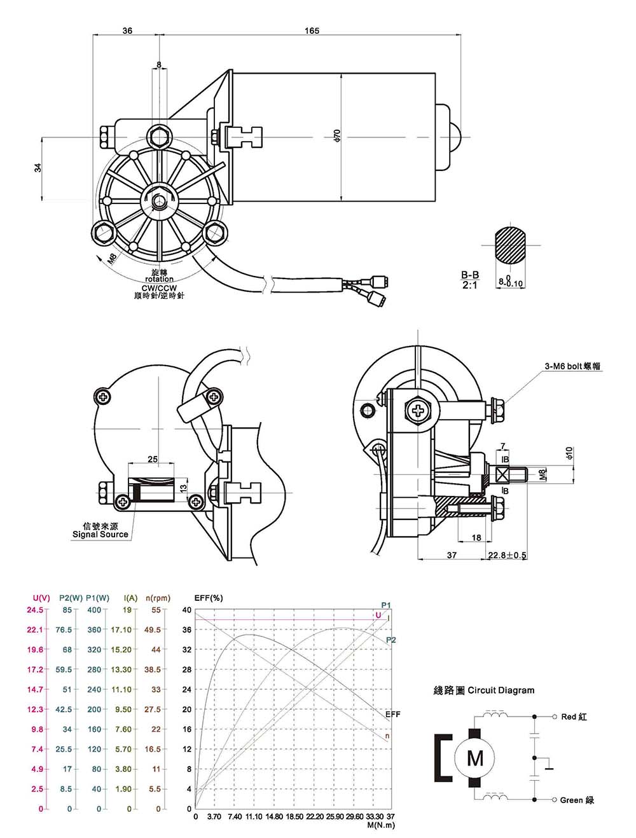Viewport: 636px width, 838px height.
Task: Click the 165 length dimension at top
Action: pyautogui.click(x=312, y=31)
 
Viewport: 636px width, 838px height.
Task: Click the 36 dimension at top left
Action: pyautogui.click(x=127, y=31)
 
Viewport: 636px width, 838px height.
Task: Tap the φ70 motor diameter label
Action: pyautogui.click(x=338, y=135)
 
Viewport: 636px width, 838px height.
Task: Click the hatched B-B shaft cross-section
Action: pyautogui.click(x=510, y=244)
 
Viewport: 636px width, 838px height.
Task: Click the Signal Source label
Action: pyautogui.click(x=100, y=535)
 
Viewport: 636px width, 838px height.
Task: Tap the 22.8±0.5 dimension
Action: pyautogui.click(x=508, y=555)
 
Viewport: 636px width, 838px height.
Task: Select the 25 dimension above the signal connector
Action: pyautogui.click(x=153, y=459)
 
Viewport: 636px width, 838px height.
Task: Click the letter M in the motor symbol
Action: pyautogui.click(x=475, y=758)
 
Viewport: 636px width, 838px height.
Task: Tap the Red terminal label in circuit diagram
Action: pyautogui.click(x=574, y=717)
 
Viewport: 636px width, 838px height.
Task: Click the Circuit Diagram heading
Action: pyautogui.click(x=484, y=690)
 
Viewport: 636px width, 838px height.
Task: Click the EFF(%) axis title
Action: pyautogui.click(x=208, y=598)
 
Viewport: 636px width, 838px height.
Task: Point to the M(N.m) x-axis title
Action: pyautogui.click(x=381, y=825)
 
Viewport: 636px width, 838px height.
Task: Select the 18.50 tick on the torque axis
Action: pyautogui.click(x=294, y=816)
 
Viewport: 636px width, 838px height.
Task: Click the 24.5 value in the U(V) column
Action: pyautogui.click(x=34, y=610)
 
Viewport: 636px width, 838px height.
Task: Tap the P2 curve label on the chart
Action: pyautogui.click(x=391, y=640)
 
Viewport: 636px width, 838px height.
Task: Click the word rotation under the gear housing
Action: pyautogui.click(x=159, y=279)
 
